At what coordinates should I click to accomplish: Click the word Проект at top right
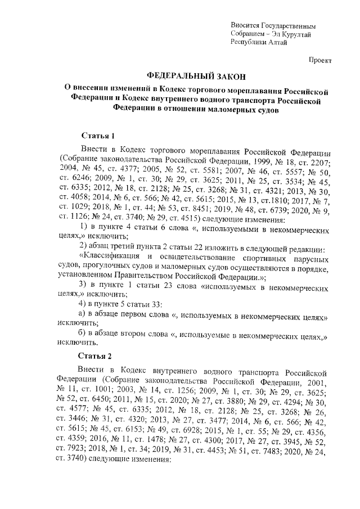(321, 60)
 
